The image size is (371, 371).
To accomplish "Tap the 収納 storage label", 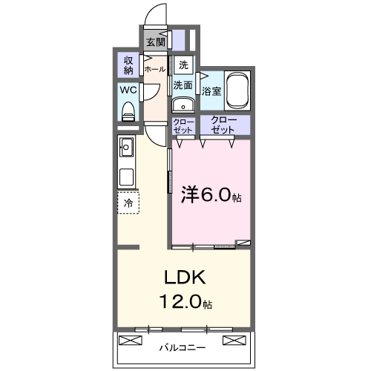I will click(x=128, y=65).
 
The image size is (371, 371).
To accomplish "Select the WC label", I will click(x=128, y=92).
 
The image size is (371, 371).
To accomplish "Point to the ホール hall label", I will click(x=155, y=69).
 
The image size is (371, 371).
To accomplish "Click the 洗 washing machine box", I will click(x=183, y=64).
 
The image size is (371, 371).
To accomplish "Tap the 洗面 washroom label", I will click(x=183, y=85).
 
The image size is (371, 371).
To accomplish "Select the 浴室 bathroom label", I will click(x=211, y=91).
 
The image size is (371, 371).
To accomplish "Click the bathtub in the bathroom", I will click(x=238, y=91).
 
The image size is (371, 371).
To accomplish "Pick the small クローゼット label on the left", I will click(x=183, y=125).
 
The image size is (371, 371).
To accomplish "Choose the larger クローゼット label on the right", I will click(x=223, y=124).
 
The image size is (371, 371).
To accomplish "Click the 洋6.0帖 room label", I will click(x=211, y=196).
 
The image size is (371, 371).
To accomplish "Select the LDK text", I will click(x=184, y=278).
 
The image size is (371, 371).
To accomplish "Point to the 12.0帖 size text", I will click(x=184, y=303).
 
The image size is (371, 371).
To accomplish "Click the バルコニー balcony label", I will click(x=183, y=347).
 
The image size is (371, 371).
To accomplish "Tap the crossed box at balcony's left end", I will click(x=131, y=341).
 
